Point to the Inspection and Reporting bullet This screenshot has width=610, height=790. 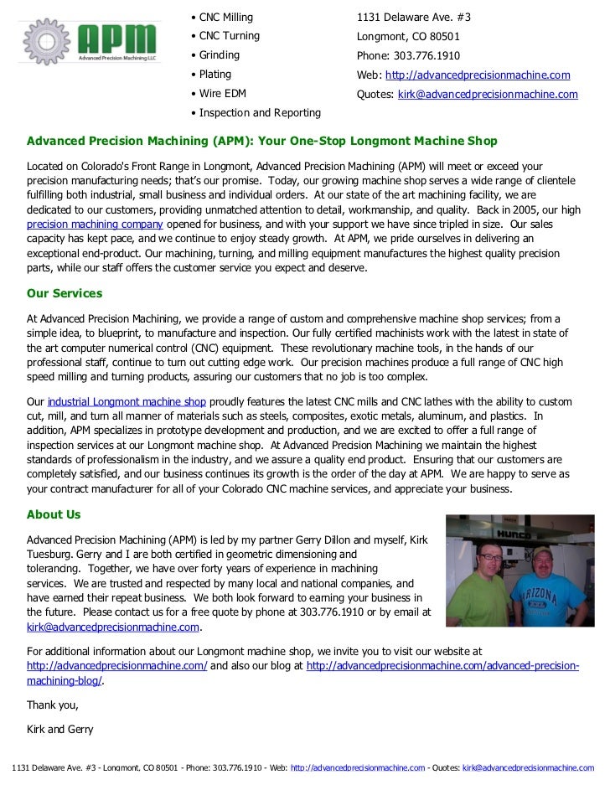(256, 113)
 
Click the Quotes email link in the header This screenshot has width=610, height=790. (487, 94)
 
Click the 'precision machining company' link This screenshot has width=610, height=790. (95, 226)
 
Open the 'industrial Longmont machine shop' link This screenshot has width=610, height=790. (127, 401)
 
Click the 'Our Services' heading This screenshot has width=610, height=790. (65, 294)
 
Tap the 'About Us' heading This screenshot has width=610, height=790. (54, 514)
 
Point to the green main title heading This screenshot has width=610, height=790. (262, 141)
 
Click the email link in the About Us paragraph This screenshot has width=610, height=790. (113, 627)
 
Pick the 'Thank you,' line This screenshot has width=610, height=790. (53, 705)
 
